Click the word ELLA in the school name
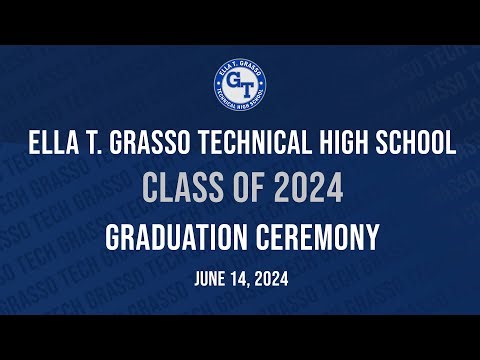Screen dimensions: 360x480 point(50,144)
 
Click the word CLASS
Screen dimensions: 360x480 point(173,189)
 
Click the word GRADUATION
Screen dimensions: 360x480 point(178,238)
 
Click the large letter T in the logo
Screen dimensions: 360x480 point(246,86)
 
